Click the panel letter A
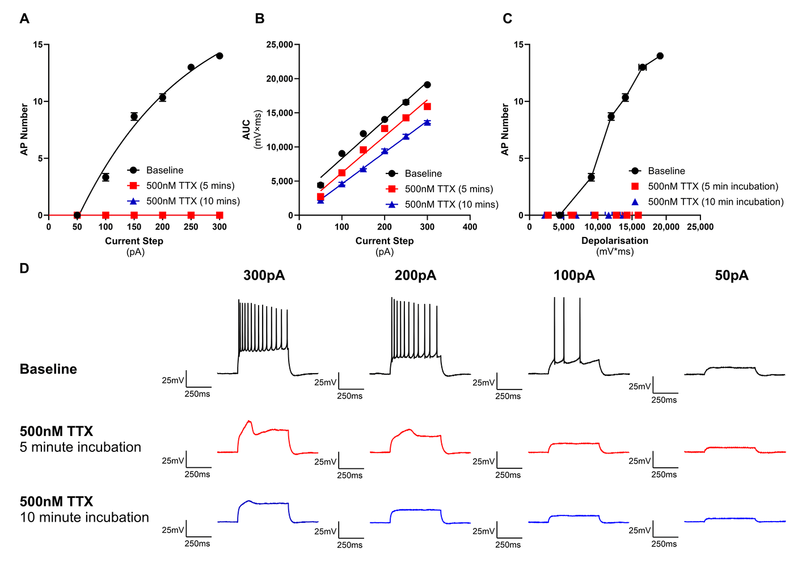24,19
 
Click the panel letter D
24,268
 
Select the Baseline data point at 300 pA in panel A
220,56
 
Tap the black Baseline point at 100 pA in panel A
105,177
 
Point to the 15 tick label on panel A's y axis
38,45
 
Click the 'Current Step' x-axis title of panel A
134,241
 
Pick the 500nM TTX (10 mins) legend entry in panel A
193,201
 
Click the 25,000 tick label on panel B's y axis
280,45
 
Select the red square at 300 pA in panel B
427,107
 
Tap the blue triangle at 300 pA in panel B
427,122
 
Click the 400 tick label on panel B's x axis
470,227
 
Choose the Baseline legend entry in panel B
423,174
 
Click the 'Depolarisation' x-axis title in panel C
614,241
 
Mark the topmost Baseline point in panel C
660,56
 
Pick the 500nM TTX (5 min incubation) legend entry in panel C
712,186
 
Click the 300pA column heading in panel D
264,276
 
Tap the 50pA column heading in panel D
732,276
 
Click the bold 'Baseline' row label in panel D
48,369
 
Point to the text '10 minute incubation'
85,517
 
